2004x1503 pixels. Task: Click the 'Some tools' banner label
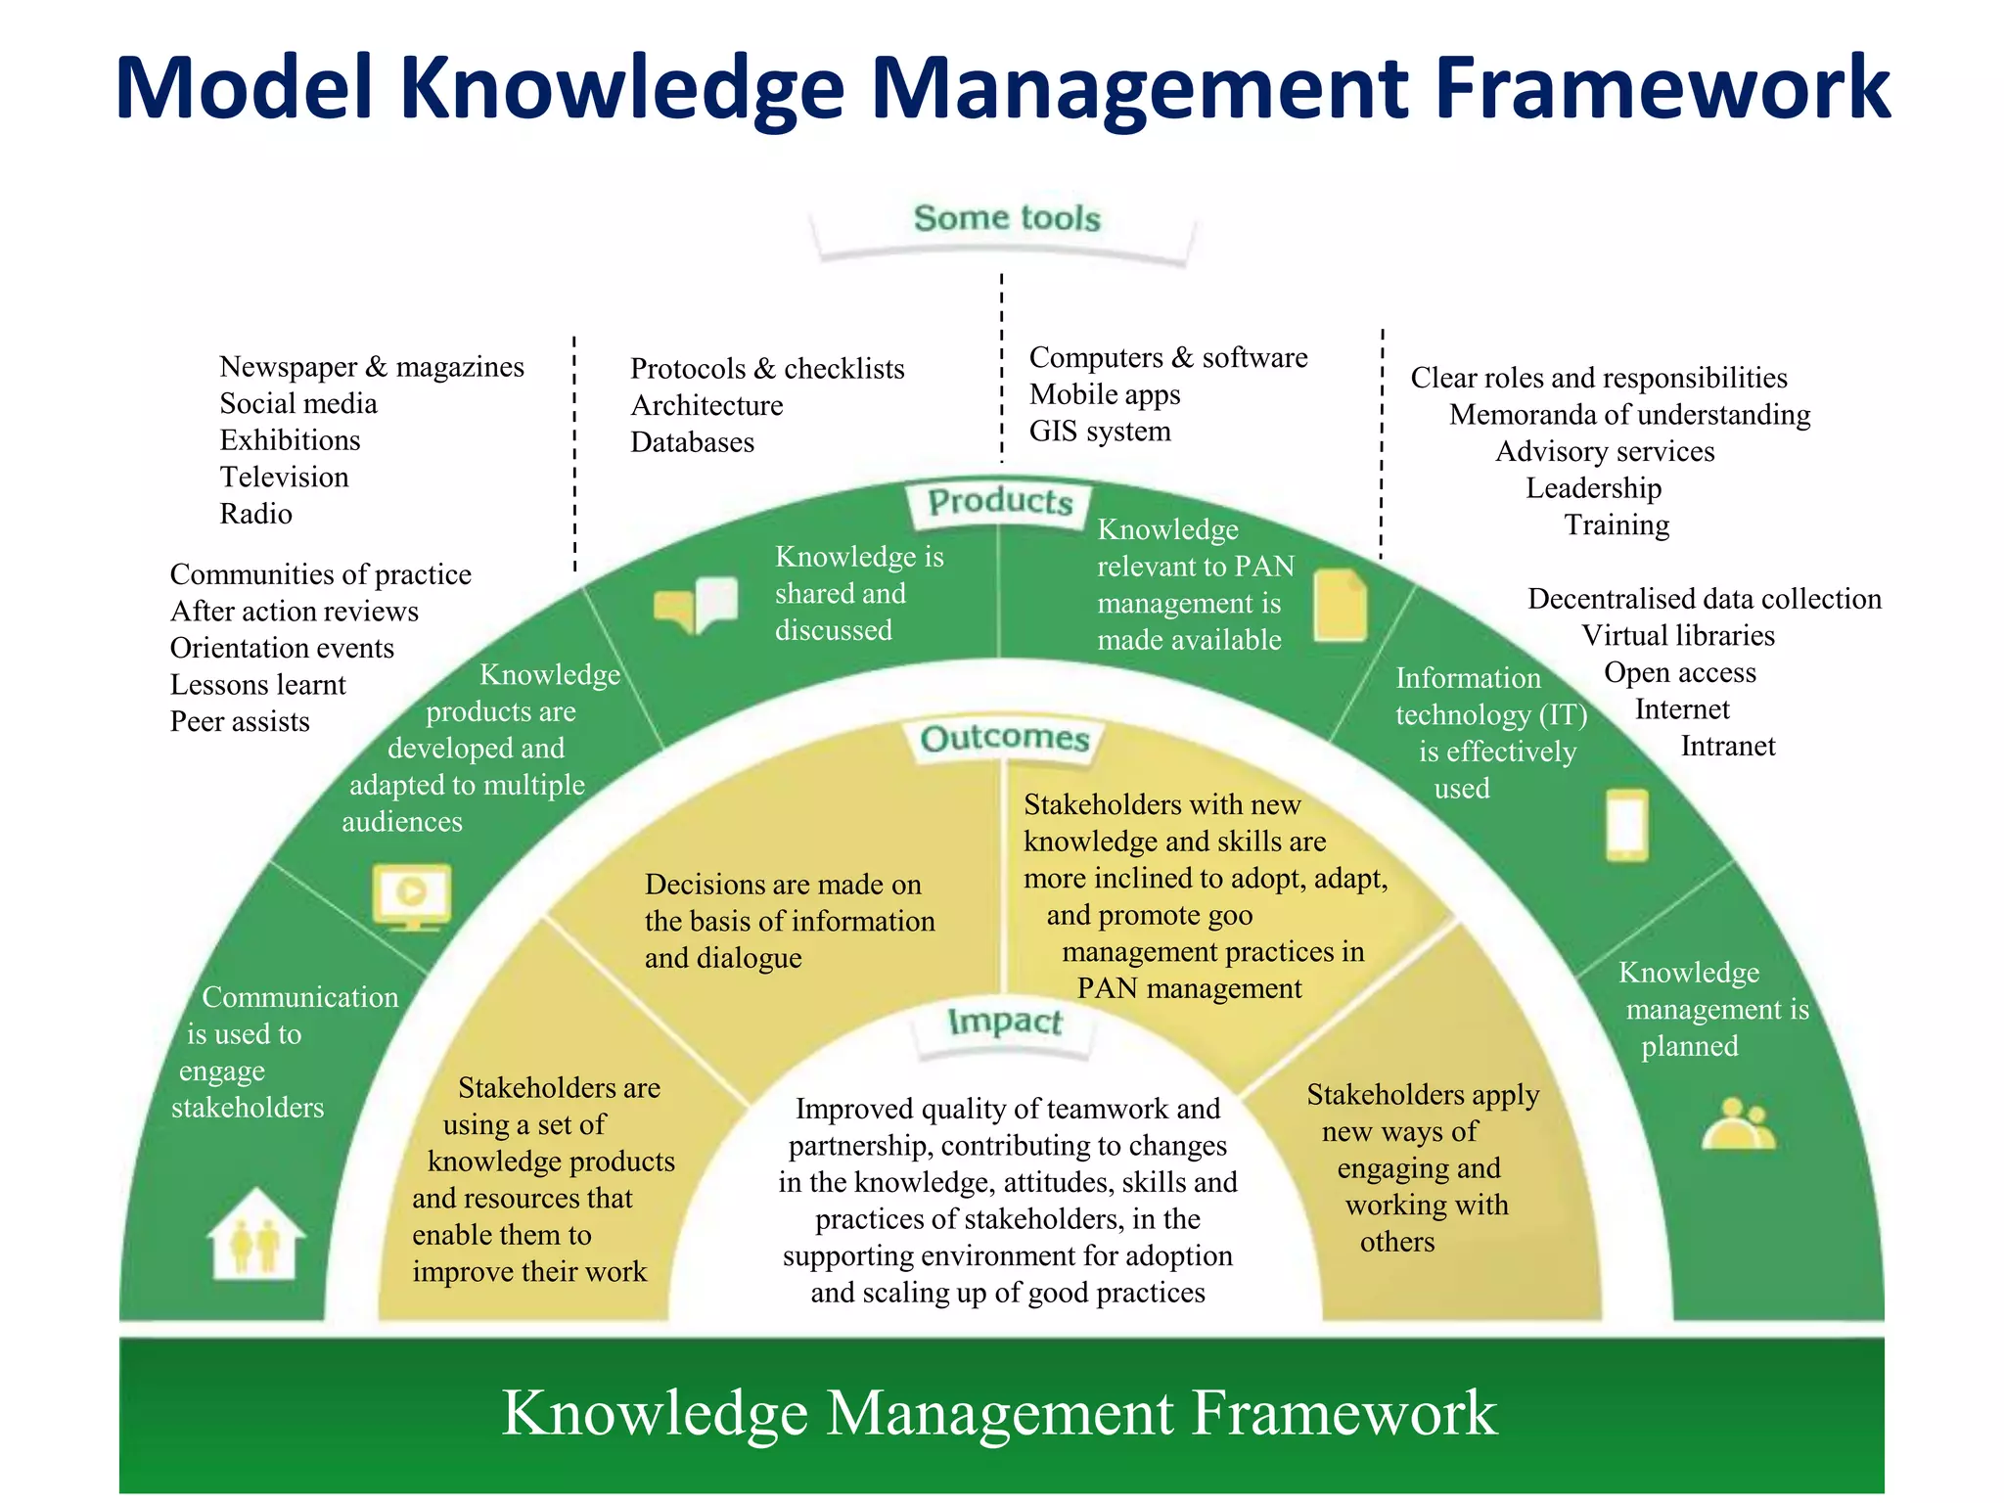[1007, 218]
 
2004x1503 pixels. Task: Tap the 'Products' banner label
[1000, 502]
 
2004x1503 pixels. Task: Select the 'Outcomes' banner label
[1005, 738]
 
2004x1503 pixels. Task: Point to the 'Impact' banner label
[1005, 1022]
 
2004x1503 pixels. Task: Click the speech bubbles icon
[696, 605]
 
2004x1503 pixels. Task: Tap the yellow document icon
[1340, 606]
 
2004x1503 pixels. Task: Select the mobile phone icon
[1627, 825]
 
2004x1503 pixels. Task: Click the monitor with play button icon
[412, 895]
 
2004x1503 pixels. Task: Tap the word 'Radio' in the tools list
[255, 514]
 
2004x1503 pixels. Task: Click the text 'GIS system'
[1100, 432]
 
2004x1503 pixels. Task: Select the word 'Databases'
[692, 442]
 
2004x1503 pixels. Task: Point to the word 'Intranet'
[1727, 747]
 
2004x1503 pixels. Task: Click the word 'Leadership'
[1593, 488]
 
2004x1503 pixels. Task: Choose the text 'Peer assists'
[240, 722]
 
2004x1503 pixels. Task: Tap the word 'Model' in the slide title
[244, 88]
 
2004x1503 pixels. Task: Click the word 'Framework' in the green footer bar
[1344, 1413]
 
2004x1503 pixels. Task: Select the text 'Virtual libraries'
[1677, 636]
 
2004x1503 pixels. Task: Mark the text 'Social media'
[298, 404]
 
